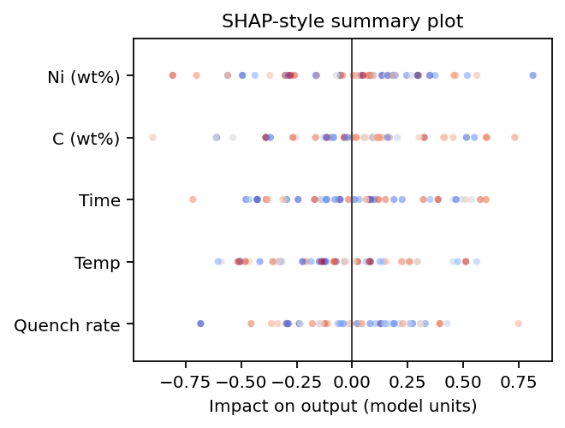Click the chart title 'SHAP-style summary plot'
pyautogui.click(x=342, y=21)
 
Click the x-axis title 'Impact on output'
pyautogui.click(x=342, y=405)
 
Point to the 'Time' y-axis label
pyautogui.click(x=99, y=200)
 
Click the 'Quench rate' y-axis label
pyautogui.click(x=73, y=324)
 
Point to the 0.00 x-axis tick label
pyautogui.click(x=352, y=379)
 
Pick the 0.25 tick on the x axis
pyautogui.click(x=407, y=379)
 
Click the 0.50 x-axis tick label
pyautogui.click(x=463, y=379)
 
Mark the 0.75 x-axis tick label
pyautogui.click(x=519, y=379)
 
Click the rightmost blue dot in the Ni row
pyautogui.click(x=533, y=75)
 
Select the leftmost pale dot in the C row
pyautogui.click(x=152, y=138)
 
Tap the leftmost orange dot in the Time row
pyautogui.click(x=193, y=199)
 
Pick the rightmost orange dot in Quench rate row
pyautogui.click(x=518, y=324)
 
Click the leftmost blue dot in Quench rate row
pyautogui.click(x=200, y=324)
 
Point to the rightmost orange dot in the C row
pyautogui.click(x=514, y=138)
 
